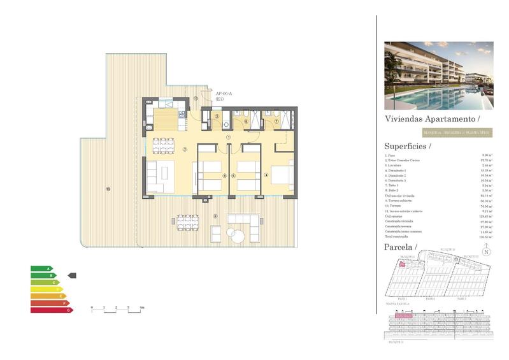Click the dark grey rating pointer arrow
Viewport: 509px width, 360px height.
72,275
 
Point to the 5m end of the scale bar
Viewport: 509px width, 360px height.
141,308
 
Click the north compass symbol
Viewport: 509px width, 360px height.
486,252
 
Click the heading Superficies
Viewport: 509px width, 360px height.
407,146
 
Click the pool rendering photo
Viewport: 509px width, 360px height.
438,75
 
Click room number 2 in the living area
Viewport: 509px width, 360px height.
185,150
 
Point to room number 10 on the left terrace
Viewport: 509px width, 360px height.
108,188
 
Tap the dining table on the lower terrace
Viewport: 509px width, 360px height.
186,222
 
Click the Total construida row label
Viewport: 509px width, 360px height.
396,236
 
